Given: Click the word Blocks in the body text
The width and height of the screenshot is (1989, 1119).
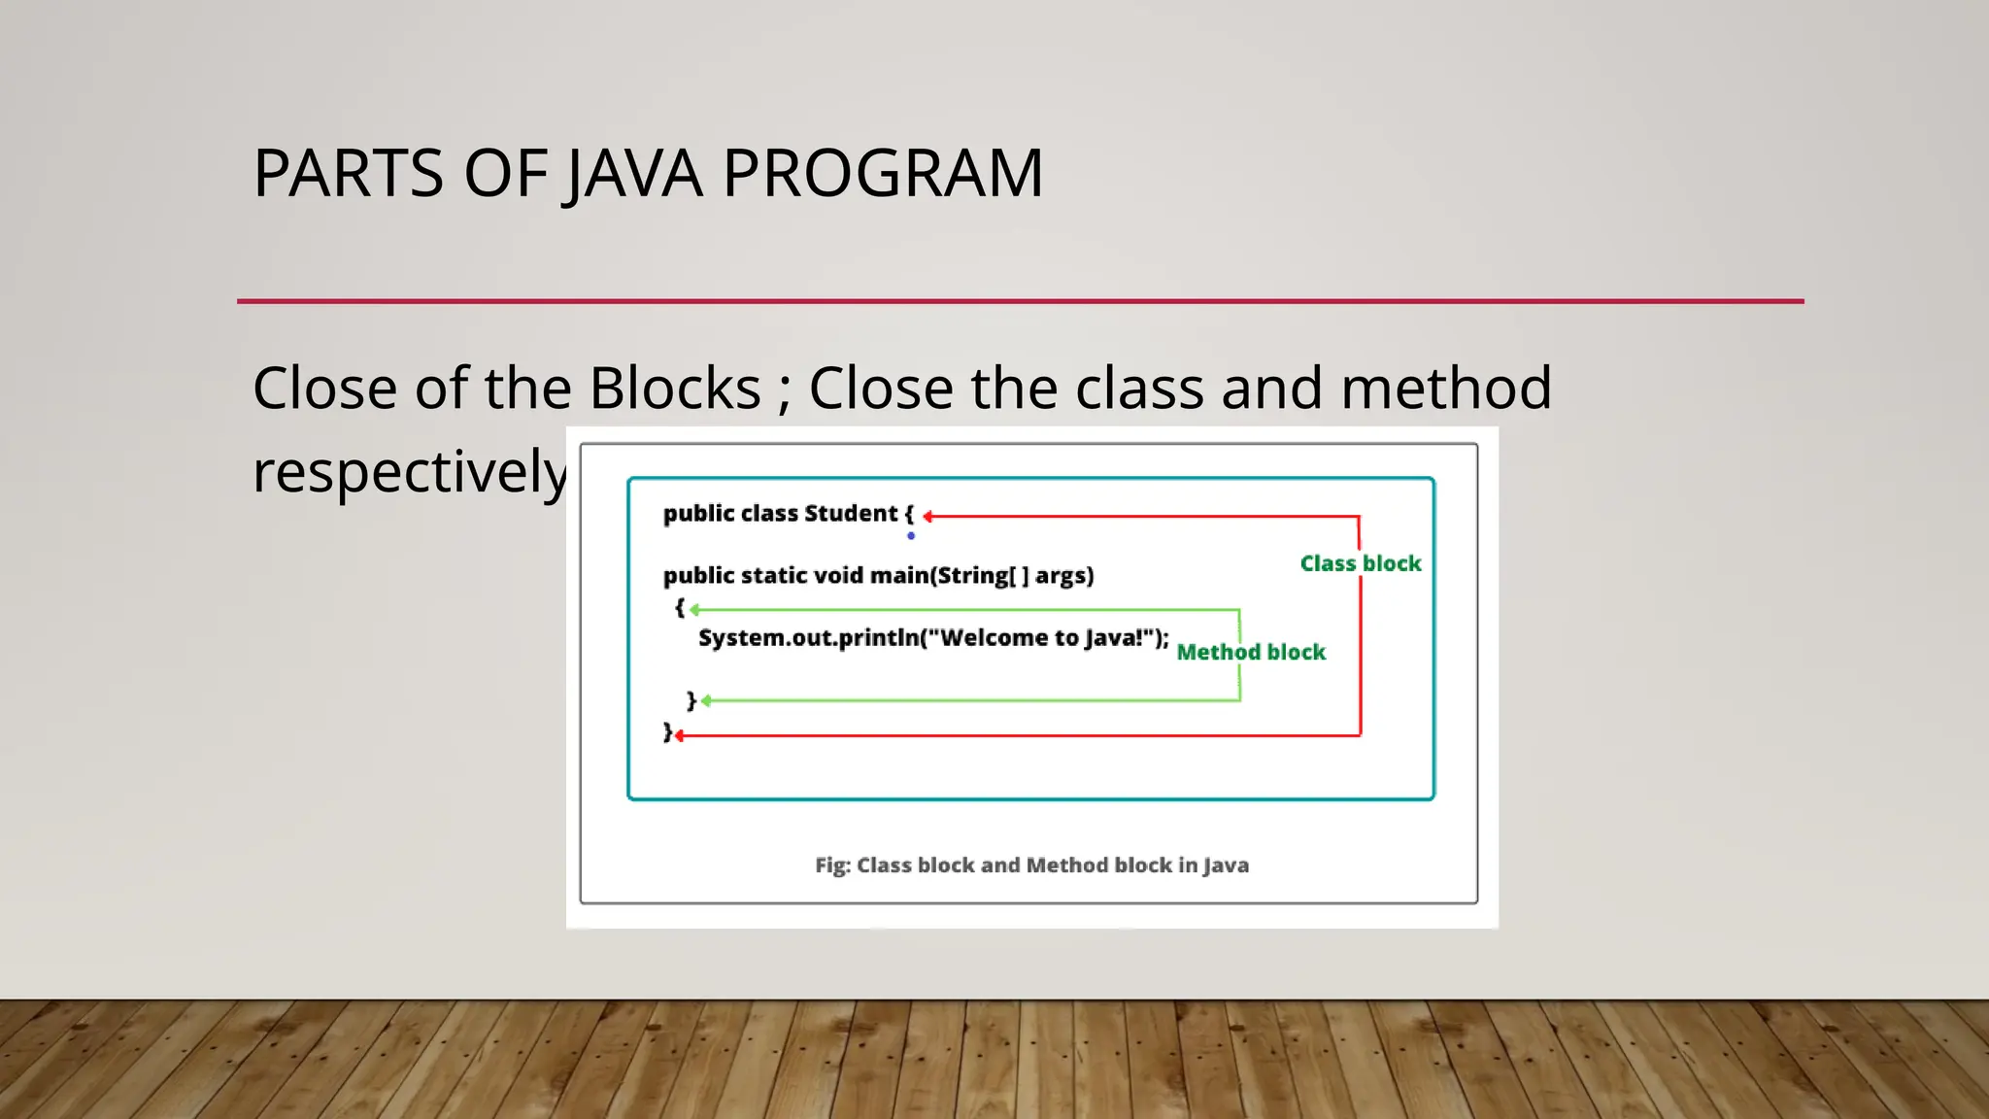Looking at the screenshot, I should (675, 388).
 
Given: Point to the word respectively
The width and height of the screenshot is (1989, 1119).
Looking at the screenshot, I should (409, 472).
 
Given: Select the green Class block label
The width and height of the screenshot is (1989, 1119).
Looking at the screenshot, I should (1360, 563).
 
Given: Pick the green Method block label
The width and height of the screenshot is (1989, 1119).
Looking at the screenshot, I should (1251, 652).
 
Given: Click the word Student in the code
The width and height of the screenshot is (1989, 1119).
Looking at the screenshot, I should (851, 513).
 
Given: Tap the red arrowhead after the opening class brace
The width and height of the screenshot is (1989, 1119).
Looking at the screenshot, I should (928, 517).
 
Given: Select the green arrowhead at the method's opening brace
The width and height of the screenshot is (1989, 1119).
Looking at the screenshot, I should (694, 610).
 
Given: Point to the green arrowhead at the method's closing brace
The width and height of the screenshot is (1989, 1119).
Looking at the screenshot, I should (706, 700).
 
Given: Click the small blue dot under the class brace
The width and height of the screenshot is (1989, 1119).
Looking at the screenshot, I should (911, 535).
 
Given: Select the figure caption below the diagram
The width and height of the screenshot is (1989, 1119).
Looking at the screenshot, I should (1031, 865).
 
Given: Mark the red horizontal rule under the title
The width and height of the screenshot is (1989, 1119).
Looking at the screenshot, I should (1020, 301).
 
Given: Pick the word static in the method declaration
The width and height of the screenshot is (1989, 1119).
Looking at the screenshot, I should (773, 575).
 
